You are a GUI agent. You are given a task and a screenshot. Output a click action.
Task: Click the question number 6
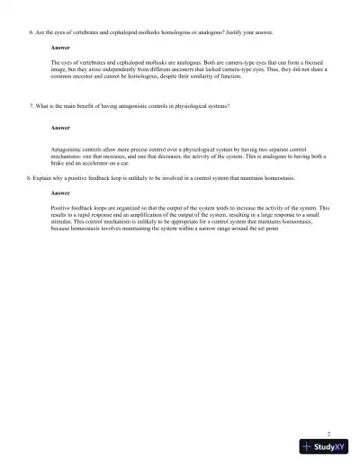click(31, 31)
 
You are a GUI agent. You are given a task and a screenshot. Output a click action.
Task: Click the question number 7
click(31, 106)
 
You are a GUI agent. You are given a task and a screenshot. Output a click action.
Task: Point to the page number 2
click(328, 434)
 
